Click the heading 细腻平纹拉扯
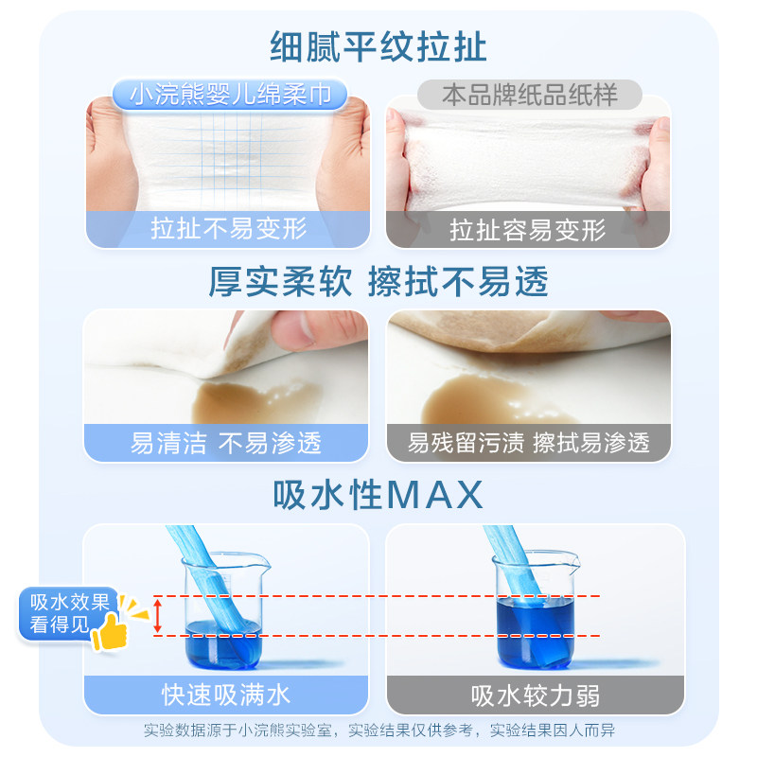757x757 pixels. click(x=378, y=44)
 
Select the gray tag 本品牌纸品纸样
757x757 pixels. click(x=529, y=95)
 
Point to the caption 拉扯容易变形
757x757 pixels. click(x=529, y=229)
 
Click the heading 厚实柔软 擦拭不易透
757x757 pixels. click(x=378, y=281)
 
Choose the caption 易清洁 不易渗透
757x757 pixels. click(x=227, y=442)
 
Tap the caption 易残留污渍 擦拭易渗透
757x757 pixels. click(x=529, y=442)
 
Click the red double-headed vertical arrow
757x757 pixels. click(x=158, y=616)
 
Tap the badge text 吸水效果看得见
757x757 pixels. click(x=70, y=612)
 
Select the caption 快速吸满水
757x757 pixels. click(x=227, y=695)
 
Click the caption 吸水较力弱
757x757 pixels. click(x=529, y=695)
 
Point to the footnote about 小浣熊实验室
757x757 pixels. click(x=378, y=731)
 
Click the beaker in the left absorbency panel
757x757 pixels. click(x=227, y=606)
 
